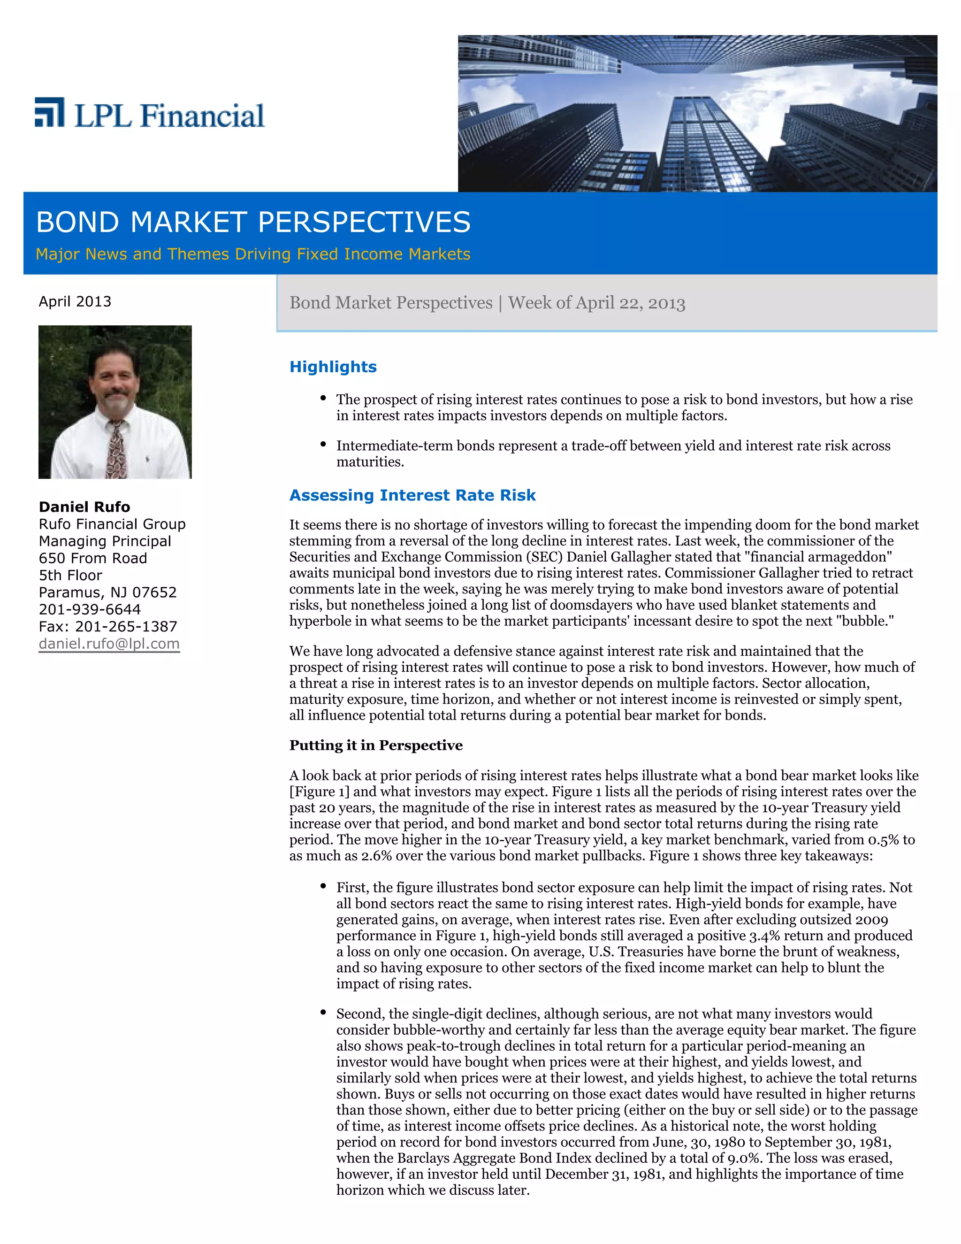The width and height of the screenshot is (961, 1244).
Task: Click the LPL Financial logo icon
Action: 49,112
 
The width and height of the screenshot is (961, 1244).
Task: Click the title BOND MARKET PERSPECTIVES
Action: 253,222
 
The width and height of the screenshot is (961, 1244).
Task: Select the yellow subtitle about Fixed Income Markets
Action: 253,254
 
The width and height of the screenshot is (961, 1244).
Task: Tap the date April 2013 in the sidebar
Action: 75,301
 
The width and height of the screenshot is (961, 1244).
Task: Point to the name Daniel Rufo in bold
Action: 84,507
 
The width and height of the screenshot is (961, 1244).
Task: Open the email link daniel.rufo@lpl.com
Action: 109,644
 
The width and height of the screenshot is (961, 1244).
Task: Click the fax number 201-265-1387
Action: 126,627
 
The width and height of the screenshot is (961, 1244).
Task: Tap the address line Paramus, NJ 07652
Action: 107,592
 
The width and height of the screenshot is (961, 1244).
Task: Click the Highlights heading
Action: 333,367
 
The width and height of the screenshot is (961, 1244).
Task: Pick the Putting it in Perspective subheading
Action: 376,745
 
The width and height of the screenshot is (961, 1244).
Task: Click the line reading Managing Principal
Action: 105,541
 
